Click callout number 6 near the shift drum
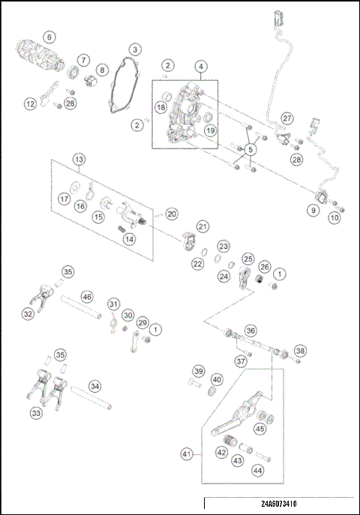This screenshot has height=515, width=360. (49, 37)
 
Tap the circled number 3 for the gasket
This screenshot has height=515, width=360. (134, 49)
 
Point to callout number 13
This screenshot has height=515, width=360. (79, 159)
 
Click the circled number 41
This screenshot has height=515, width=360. (187, 454)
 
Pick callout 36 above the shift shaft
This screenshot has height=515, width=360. (250, 330)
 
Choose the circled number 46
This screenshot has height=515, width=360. (87, 298)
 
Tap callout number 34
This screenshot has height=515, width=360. (94, 386)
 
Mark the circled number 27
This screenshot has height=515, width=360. (287, 119)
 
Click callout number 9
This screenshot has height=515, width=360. (313, 211)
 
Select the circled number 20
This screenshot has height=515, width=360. (172, 214)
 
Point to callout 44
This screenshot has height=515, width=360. (257, 470)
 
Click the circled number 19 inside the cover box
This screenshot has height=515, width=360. (211, 130)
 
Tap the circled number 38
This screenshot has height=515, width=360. (300, 351)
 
